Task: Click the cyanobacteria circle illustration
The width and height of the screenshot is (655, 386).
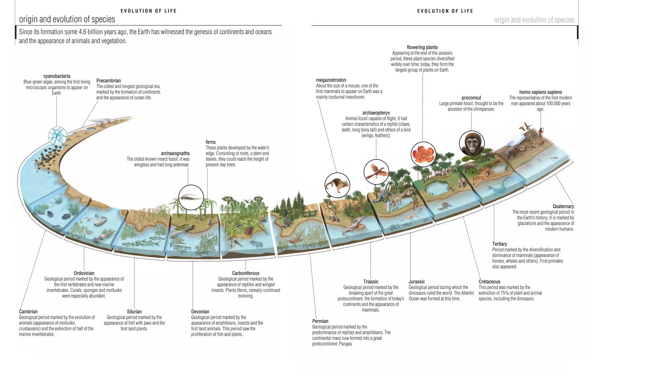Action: [x=58, y=136]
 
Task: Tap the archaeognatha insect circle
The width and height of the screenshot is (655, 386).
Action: [x=191, y=197]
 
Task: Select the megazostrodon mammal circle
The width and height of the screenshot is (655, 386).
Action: [x=337, y=185]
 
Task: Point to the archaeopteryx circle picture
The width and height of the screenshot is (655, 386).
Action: [x=376, y=172]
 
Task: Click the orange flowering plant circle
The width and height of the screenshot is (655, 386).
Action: [x=423, y=154]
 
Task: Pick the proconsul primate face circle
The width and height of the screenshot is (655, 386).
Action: [x=472, y=143]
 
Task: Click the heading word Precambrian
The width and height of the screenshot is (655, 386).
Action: [x=108, y=81]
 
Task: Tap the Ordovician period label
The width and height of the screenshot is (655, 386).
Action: [x=84, y=273]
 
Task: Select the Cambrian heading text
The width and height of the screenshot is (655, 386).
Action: [x=28, y=311]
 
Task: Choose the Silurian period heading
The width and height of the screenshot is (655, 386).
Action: [x=134, y=311]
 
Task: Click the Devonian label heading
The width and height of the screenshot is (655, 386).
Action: [x=200, y=311]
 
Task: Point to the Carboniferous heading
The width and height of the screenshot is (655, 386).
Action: [x=246, y=273]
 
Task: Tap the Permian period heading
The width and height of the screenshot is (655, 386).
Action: [x=320, y=321]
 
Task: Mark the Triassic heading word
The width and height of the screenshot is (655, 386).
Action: [x=371, y=281]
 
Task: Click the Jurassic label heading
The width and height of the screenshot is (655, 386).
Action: [x=417, y=281]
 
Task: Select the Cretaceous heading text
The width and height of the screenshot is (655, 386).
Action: [x=489, y=281]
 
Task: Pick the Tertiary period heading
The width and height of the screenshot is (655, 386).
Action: [x=500, y=244]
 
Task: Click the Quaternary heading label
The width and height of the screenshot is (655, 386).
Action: [x=563, y=206]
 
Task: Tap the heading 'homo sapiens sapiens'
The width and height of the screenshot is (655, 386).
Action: [x=541, y=92]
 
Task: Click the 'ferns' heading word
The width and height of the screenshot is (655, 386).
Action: [x=210, y=142]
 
